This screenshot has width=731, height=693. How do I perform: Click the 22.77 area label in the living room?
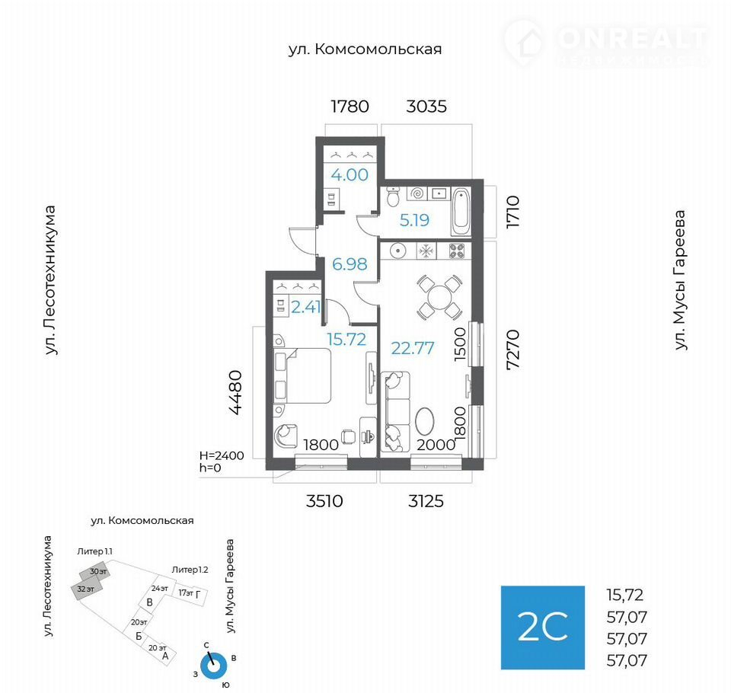pos(413,348)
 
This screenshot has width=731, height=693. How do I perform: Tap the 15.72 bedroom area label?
pos(346,339)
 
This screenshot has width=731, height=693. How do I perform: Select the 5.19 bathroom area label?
pos(414,219)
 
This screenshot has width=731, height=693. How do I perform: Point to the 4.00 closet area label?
pos(350,174)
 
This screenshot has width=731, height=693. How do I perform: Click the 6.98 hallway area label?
pos(350,264)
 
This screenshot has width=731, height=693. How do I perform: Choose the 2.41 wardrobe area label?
pos(306,306)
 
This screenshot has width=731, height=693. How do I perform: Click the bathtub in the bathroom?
pos(461,212)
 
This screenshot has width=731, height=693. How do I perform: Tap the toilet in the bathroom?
pos(393,196)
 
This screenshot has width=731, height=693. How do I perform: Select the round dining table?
pos(439,297)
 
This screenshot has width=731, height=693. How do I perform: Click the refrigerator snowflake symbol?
pos(426,251)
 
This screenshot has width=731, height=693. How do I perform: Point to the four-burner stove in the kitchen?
pos(456,251)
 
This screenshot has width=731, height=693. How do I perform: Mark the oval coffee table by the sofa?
pos(424,422)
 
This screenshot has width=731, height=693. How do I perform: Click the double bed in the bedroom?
pos(302,376)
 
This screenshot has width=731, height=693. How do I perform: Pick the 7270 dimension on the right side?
pos(512,350)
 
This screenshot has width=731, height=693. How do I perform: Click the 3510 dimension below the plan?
pos(324,501)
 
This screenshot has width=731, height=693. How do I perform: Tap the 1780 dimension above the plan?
pos(350,107)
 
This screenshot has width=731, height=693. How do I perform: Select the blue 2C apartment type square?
pos(543,628)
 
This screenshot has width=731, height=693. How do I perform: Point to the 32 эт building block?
pos(86,589)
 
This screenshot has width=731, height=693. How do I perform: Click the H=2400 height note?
pos(222,455)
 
